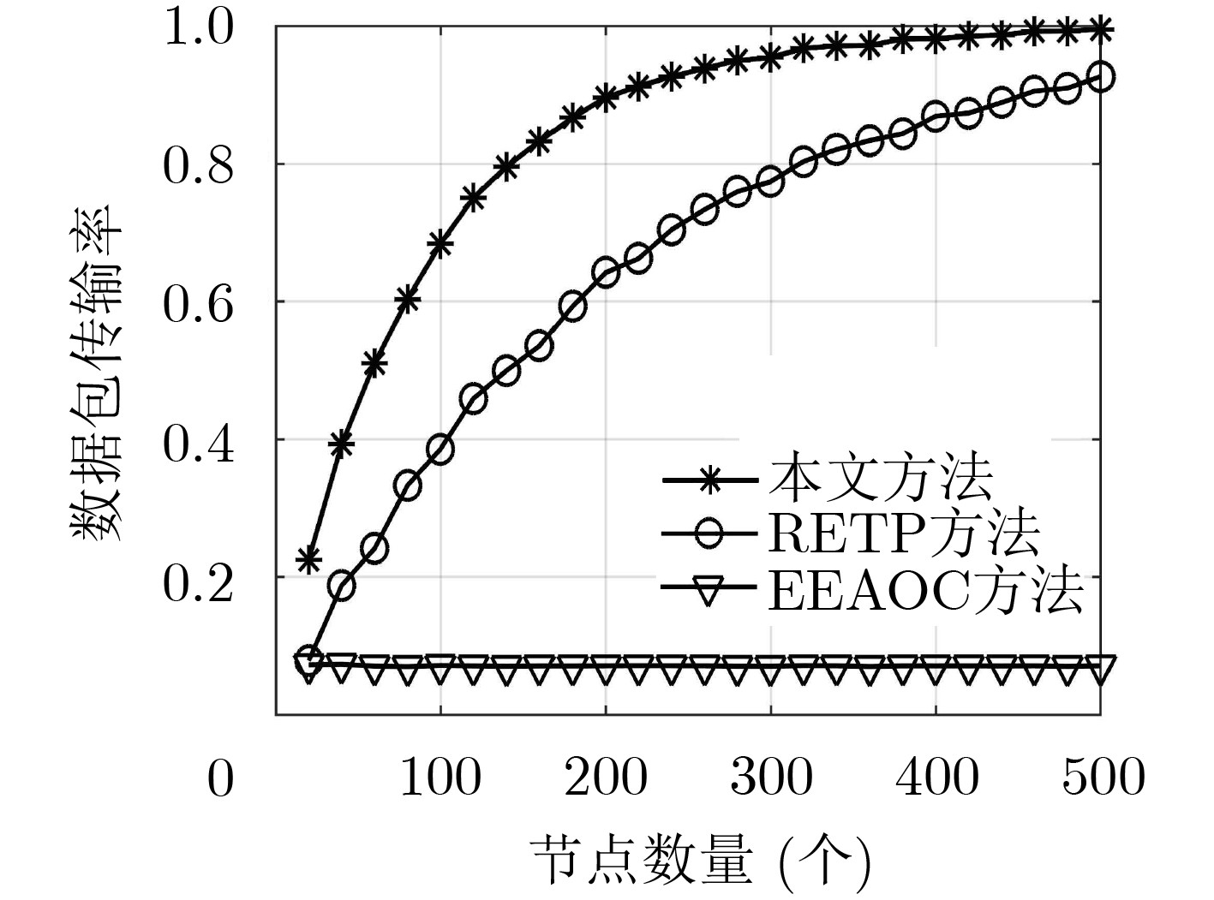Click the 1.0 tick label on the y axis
(x=198, y=27)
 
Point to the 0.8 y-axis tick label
(x=198, y=166)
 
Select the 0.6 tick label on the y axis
(x=198, y=304)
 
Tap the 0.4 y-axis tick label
(x=198, y=443)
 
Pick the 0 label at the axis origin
(x=220, y=779)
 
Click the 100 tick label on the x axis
(x=440, y=778)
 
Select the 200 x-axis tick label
(x=606, y=778)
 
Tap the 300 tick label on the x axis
(x=771, y=778)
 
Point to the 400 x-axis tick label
(x=936, y=778)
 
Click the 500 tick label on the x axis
(x=1103, y=778)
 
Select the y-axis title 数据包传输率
(x=96, y=373)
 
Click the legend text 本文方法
(x=880, y=480)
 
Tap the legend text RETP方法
(x=904, y=534)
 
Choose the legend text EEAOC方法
(x=925, y=590)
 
